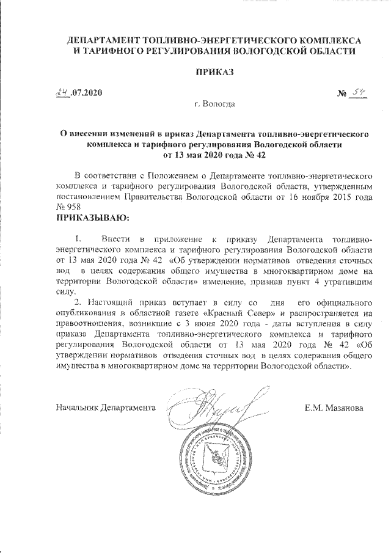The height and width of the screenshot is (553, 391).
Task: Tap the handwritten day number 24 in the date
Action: point(62,93)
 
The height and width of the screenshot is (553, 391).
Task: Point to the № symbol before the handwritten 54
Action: point(342,95)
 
